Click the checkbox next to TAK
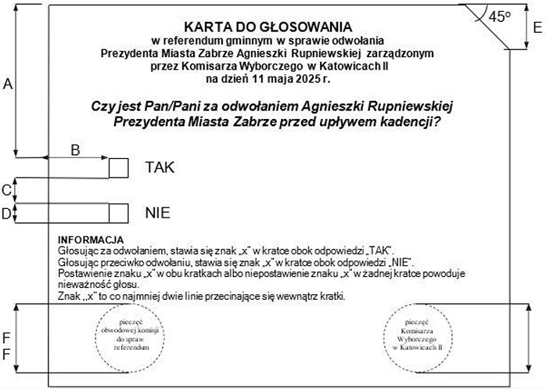pyautogui.click(x=118, y=167)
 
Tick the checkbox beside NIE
pyautogui.click(x=118, y=212)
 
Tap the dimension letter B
pyautogui.click(x=76, y=150)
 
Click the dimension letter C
pyautogui.click(x=6, y=189)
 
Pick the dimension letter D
pyautogui.click(x=6, y=212)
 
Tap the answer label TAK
pyautogui.click(x=160, y=167)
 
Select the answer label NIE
pyautogui.click(x=157, y=212)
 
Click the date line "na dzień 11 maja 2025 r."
pyautogui.click(x=268, y=79)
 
